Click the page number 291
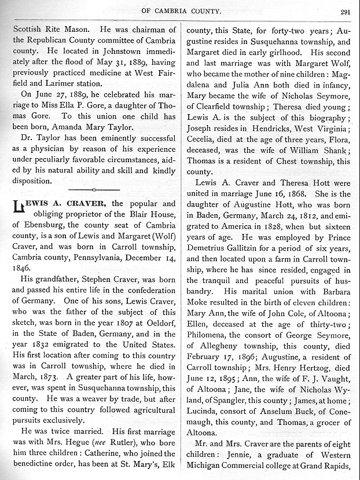pyautogui.click(x=346, y=10)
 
